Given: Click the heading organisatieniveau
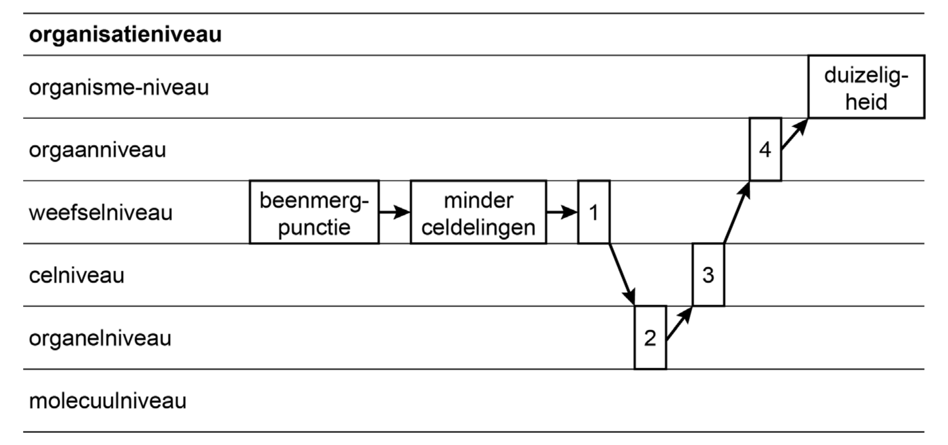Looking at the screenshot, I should (125, 35).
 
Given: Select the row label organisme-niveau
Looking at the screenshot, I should (119, 88).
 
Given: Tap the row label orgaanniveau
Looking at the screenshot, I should (97, 150).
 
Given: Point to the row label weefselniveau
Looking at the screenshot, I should (101, 213).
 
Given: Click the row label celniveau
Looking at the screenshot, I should (76, 275).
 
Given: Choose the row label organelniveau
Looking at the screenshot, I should (100, 338).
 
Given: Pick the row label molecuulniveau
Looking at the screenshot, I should (107, 401).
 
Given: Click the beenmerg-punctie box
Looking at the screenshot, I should (314, 212).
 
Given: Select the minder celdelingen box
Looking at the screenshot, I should (478, 212).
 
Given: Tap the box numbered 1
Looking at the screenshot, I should (594, 212).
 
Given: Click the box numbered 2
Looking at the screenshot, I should (650, 338).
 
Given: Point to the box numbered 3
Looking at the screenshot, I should (708, 275).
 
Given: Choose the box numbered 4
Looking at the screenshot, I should (765, 150).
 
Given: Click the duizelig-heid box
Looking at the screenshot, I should (866, 87).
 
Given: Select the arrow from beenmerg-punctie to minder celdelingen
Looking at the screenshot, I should (395, 212).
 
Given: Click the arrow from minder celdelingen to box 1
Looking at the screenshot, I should (562, 212).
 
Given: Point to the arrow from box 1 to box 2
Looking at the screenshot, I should (622, 275).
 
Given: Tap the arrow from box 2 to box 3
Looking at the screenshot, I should (679, 324).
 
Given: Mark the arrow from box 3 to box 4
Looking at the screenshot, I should (737, 212).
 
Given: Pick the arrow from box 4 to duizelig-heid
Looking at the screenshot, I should (794, 134).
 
